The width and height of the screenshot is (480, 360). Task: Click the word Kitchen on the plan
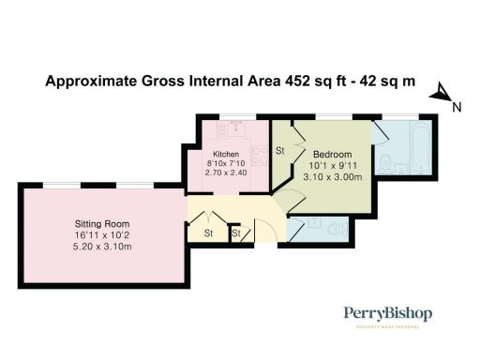[x=226, y=154]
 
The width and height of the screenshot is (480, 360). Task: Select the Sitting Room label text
[x=102, y=224]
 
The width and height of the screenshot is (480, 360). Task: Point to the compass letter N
[x=456, y=108]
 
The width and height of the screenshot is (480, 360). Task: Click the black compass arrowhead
[x=438, y=93]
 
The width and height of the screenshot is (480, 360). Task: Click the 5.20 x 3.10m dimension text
[x=102, y=247]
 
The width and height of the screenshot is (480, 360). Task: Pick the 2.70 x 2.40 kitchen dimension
[x=226, y=174]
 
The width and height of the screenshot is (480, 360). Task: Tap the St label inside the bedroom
[x=280, y=150]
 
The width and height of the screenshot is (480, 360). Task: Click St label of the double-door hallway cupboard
[x=209, y=232]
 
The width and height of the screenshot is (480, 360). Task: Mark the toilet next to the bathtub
[x=388, y=165]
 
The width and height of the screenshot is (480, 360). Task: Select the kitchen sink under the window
[x=228, y=127]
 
